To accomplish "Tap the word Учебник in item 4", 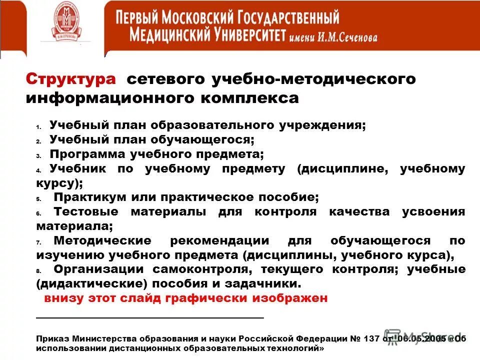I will point(78,168).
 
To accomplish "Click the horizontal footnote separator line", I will point(150,317).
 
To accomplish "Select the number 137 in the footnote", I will point(370,338).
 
